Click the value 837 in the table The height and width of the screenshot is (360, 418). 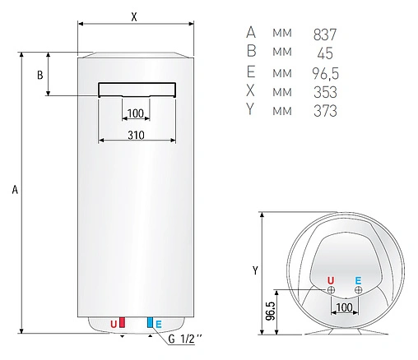pyautogui.click(x=326, y=34)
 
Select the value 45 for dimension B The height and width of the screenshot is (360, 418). pyautogui.click(x=326, y=53)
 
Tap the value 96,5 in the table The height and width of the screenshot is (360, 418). pyautogui.click(x=326, y=72)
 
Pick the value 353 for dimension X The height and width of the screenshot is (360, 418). pyautogui.click(x=326, y=92)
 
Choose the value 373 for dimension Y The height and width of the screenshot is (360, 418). pyautogui.click(x=326, y=111)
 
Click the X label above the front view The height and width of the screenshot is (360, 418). pyautogui.click(x=134, y=16)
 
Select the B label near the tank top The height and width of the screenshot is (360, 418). pyautogui.click(x=39, y=76)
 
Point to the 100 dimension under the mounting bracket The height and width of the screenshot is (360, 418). pyautogui.click(x=136, y=113)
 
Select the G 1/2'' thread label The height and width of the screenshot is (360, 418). pyautogui.click(x=185, y=339)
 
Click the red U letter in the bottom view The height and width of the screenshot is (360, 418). pyautogui.click(x=331, y=279)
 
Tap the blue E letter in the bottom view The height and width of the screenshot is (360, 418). pyautogui.click(x=358, y=279)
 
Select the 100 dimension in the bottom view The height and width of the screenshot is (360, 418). pyautogui.click(x=344, y=307)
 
